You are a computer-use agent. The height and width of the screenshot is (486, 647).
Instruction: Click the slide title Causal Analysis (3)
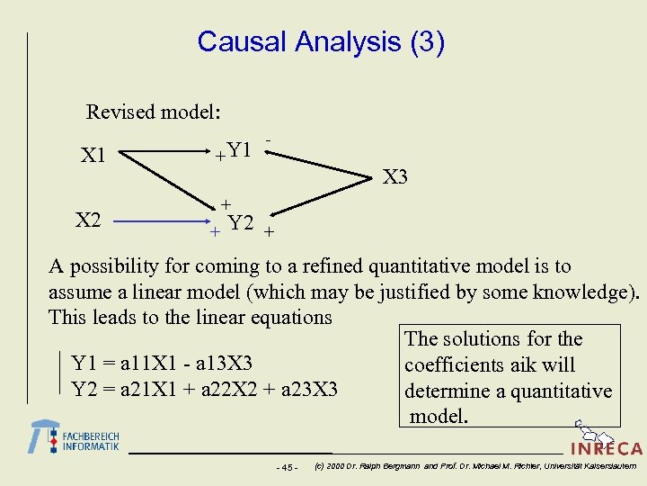click(321, 41)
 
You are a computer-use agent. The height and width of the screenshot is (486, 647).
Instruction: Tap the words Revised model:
click(154, 112)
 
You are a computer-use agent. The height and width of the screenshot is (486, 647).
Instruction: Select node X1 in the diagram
click(93, 157)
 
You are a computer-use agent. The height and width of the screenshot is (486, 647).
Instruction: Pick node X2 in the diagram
click(87, 220)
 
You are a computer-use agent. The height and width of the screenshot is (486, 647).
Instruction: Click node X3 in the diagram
click(394, 177)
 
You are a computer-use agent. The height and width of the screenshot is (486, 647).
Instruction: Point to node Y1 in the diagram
click(239, 149)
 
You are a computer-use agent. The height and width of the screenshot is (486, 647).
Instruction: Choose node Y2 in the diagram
click(241, 223)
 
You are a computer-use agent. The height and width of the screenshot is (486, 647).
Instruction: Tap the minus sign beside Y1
click(269, 140)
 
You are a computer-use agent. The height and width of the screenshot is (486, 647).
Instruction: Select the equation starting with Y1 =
click(161, 364)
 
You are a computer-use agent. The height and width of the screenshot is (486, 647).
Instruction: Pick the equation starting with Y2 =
click(204, 390)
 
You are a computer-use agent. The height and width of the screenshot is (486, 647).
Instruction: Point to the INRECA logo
click(607, 447)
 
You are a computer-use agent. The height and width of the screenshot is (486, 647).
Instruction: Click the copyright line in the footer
click(475, 466)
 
